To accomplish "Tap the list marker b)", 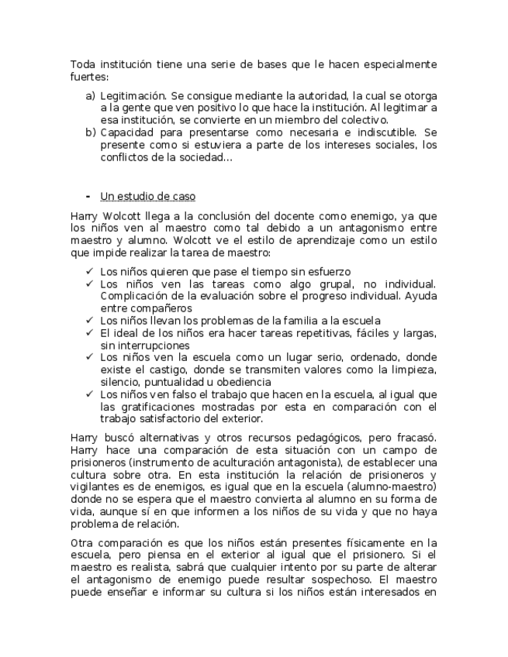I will pyautogui.click(x=90, y=132).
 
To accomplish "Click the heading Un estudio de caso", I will pyautogui.click(x=147, y=196).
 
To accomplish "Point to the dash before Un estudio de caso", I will pyautogui.click(x=88, y=196).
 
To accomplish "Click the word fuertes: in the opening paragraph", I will pyautogui.click(x=89, y=77).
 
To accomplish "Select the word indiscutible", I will pyautogui.click(x=382, y=132).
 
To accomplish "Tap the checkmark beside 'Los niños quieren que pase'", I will pyautogui.click(x=90, y=271).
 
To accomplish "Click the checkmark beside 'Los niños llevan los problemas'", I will pyautogui.click(x=90, y=320).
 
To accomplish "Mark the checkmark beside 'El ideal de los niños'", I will pyautogui.click(x=90, y=332).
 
